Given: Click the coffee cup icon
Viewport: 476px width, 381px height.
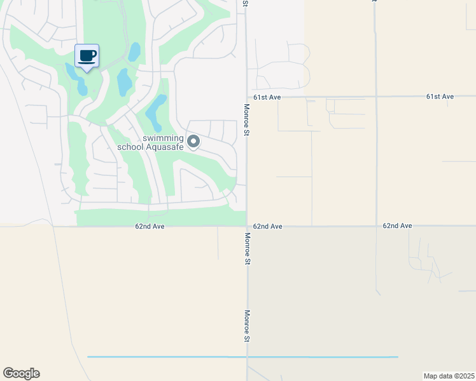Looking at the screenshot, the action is click(87, 55).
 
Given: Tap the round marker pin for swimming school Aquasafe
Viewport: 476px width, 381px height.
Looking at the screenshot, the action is click(193, 142).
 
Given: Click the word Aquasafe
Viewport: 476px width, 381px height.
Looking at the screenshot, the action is click(165, 147).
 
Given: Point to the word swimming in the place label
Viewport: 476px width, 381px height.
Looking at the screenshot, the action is click(163, 138).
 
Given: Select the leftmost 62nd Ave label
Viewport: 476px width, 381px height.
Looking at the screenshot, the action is click(150, 226).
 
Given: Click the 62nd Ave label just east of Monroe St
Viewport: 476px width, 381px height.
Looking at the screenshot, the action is click(267, 226).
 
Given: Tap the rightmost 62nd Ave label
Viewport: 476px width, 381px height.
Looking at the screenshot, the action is click(398, 225).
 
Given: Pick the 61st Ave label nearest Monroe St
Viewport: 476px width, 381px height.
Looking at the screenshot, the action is click(267, 97).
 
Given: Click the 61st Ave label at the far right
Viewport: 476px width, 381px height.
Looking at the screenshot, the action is click(440, 97).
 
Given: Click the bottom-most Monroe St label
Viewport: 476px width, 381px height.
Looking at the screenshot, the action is click(247, 326).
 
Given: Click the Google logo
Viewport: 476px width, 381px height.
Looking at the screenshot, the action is click(21, 373).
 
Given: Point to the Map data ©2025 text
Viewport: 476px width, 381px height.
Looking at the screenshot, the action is click(448, 376).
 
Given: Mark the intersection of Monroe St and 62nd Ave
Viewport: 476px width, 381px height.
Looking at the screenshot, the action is click(247, 226).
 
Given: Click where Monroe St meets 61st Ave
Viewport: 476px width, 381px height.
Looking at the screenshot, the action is click(247, 97).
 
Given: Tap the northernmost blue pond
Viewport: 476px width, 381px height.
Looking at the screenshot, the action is click(134, 51).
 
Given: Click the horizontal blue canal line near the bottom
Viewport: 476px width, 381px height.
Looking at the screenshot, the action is click(242, 357).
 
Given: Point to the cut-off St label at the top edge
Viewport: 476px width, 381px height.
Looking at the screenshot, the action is click(245, 3).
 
